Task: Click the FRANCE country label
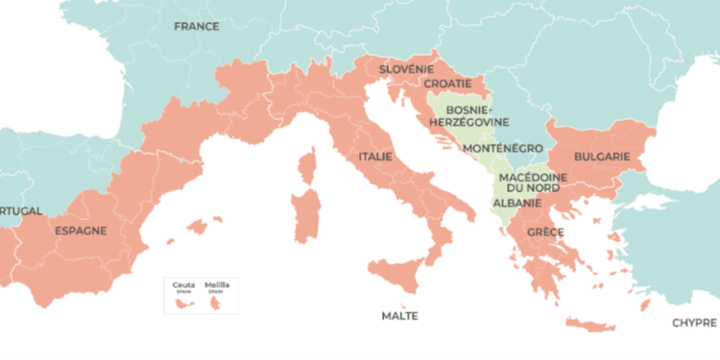tap(196, 27)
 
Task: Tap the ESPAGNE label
tap(81, 230)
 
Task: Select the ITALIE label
tap(374, 156)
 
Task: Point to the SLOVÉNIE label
tap(406, 69)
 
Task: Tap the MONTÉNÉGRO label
tap(502, 149)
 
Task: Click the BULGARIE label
tap(601, 156)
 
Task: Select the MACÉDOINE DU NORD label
tap(533, 183)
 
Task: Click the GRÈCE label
tap(544, 232)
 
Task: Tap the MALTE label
tap(399, 315)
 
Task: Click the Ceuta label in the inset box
tap(182, 285)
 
